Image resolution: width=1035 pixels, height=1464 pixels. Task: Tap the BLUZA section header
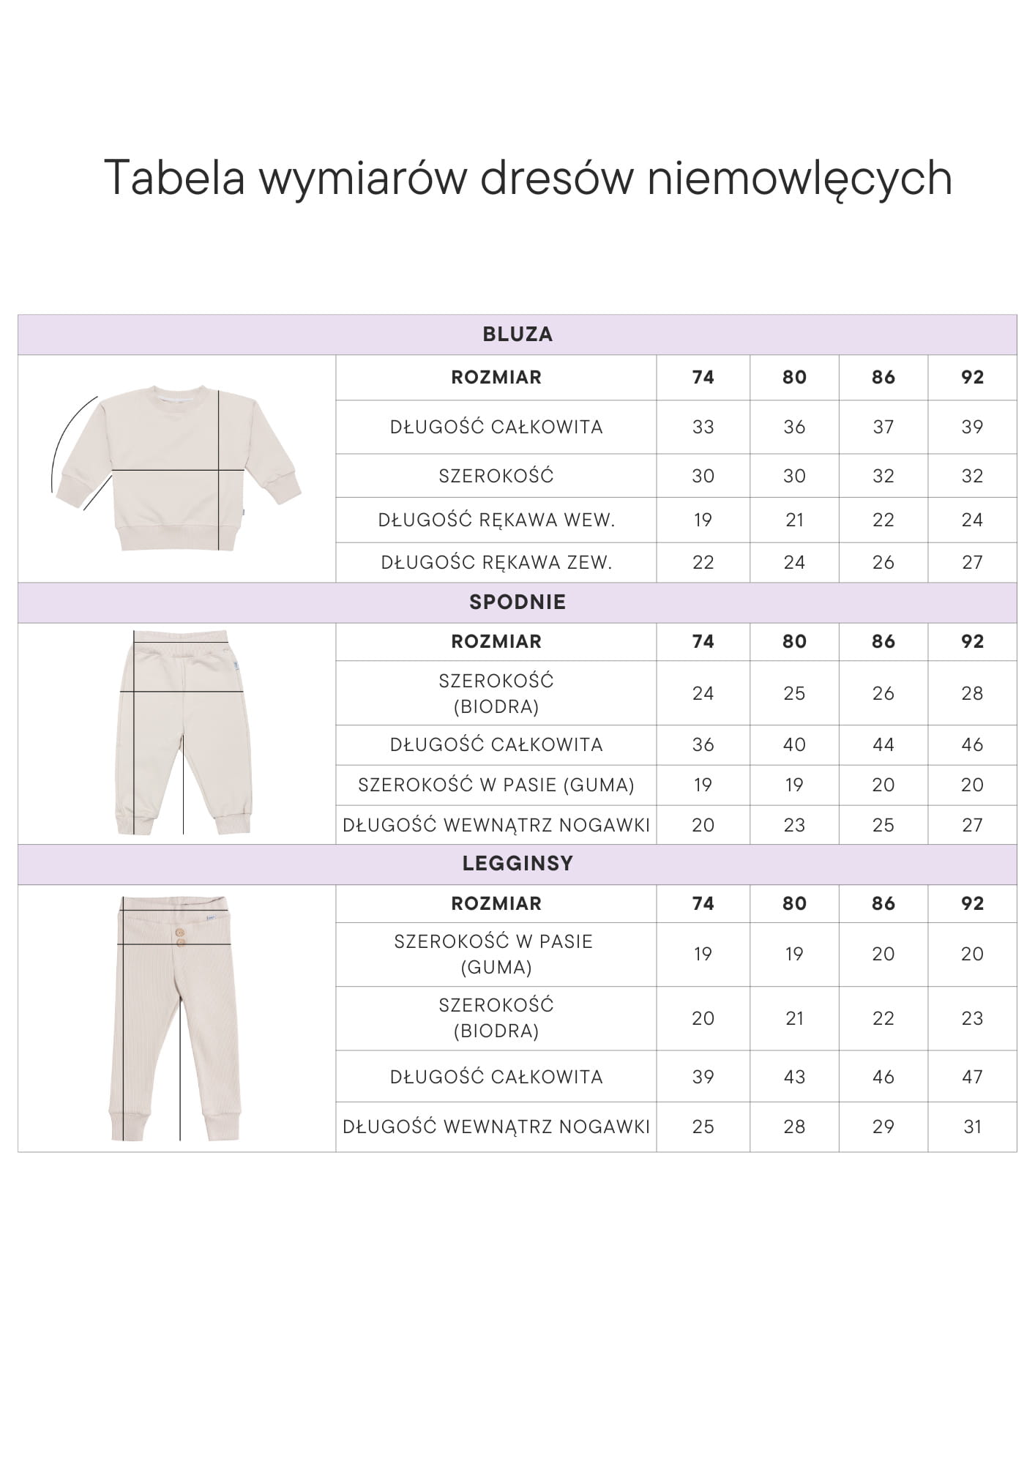(x=517, y=335)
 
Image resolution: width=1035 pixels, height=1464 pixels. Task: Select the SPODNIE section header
(x=517, y=602)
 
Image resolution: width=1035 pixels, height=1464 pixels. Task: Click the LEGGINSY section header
(x=517, y=864)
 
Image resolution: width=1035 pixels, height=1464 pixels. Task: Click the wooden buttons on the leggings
(x=179, y=938)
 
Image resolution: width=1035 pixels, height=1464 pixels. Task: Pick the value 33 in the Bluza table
(x=703, y=427)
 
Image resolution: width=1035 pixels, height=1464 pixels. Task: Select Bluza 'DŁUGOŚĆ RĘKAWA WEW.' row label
(x=496, y=520)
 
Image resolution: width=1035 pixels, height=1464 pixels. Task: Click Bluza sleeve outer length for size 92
(x=972, y=563)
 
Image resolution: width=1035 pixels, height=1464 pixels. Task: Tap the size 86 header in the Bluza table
(x=883, y=378)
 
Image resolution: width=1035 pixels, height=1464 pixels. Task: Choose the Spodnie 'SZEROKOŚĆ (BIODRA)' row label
(x=496, y=693)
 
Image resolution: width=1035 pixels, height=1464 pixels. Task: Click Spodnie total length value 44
(x=883, y=745)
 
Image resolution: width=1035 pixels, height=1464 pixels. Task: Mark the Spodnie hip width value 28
(x=972, y=693)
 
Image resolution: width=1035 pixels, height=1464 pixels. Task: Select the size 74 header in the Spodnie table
(x=703, y=642)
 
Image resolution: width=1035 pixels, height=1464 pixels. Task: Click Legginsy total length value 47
(x=972, y=1077)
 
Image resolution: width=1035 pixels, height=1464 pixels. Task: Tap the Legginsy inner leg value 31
(x=972, y=1127)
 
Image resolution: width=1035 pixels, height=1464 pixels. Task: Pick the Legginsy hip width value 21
(x=794, y=1018)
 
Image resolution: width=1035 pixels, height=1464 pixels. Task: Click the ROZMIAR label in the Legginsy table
(x=496, y=904)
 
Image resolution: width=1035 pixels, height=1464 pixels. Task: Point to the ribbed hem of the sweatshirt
(x=179, y=537)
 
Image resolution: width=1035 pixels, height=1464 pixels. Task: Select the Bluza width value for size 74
(x=703, y=476)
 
